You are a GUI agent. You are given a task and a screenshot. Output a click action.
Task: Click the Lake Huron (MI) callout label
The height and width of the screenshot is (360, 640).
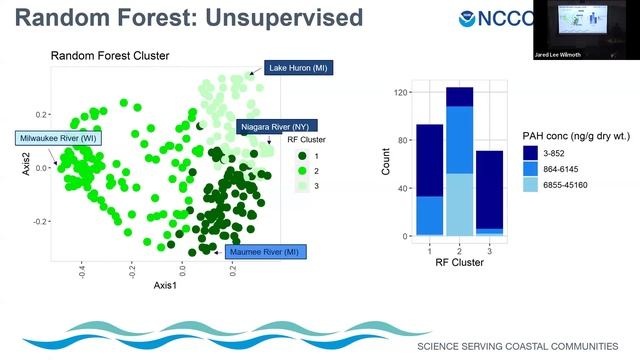(298, 68)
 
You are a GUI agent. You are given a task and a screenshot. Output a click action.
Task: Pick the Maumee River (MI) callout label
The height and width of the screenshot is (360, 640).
(265, 252)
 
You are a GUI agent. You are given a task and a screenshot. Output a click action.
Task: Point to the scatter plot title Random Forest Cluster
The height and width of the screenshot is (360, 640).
(110, 56)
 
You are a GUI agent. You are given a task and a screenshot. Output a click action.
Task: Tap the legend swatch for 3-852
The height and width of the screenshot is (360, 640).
(530, 152)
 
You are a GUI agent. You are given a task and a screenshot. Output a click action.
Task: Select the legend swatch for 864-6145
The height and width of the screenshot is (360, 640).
(530, 169)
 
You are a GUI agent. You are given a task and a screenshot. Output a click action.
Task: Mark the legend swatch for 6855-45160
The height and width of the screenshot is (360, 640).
(530, 186)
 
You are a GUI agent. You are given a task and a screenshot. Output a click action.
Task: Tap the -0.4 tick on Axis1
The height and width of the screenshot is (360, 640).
(81, 269)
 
